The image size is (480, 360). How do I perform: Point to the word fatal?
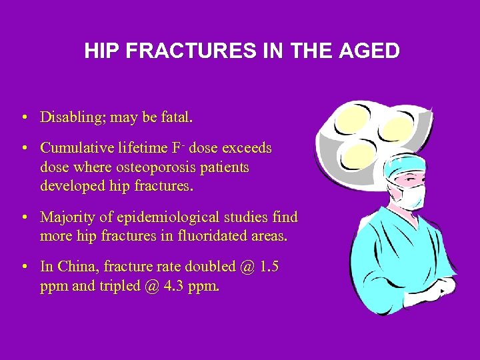[177, 118]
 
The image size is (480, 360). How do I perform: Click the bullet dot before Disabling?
[23, 119]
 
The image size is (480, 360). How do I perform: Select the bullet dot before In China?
[23, 267]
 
